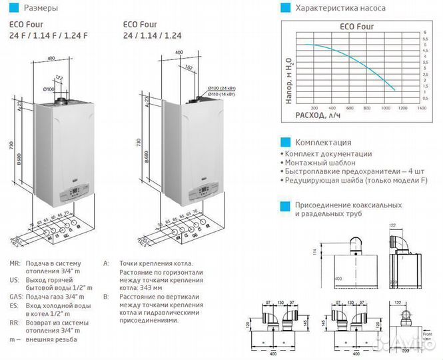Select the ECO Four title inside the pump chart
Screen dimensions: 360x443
click(351, 27)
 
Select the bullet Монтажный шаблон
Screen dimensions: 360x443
click(322, 163)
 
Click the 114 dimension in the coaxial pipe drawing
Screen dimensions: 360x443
click(313, 252)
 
